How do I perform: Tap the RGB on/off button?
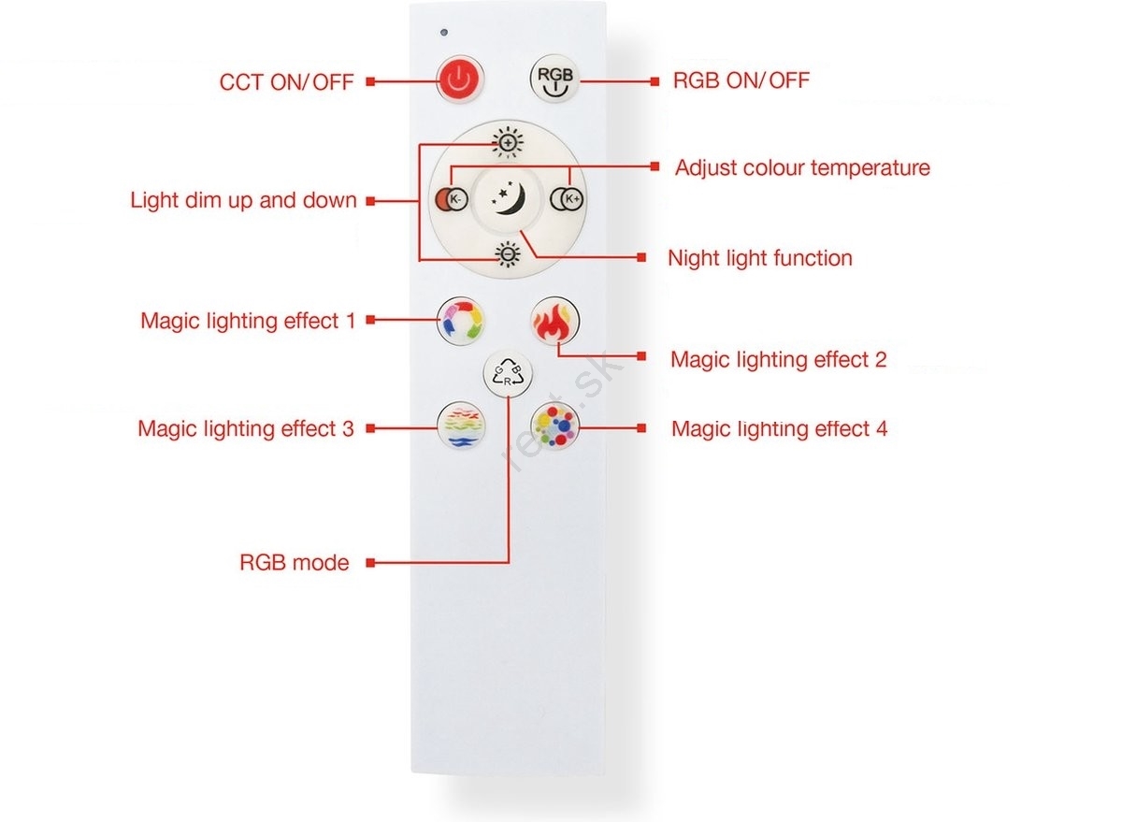point(555,79)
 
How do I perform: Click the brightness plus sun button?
point(508,143)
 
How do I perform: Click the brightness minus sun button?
point(508,255)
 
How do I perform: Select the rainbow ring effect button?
point(461,321)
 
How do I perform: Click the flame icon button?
point(555,321)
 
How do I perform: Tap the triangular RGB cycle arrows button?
point(508,374)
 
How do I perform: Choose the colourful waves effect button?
point(461,426)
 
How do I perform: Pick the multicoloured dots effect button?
point(555,426)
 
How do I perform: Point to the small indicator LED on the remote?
point(444,33)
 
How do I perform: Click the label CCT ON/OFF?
point(286,82)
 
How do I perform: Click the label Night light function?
point(760,258)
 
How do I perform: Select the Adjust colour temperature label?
point(802,167)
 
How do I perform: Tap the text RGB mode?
point(295,563)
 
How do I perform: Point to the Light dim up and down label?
point(243,200)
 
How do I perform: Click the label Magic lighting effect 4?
point(780,429)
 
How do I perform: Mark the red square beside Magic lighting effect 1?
point(370,320)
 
